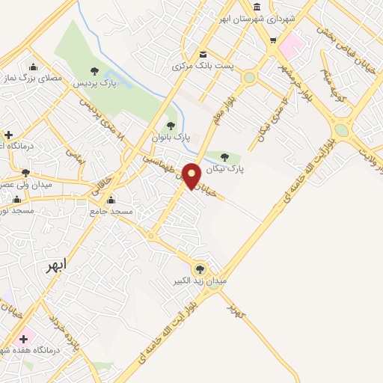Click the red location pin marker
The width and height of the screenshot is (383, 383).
[191, 175]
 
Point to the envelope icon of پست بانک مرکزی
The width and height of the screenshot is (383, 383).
[203, 54]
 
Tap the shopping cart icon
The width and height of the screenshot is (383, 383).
[274, 41]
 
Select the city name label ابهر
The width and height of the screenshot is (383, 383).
[55, 265]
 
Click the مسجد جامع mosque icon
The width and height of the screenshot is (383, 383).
[111, 200]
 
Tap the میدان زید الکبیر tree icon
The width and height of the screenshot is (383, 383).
[199, 269]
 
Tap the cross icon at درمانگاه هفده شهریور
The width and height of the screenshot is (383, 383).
[23, 339]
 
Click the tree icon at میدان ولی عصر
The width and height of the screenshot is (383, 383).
[25, 173]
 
